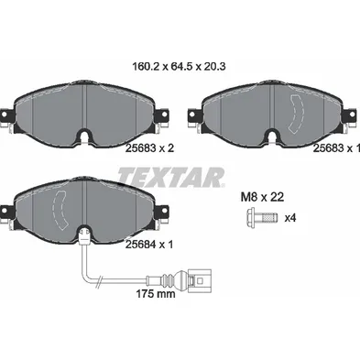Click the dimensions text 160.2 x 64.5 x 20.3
180,66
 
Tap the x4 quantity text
290,218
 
